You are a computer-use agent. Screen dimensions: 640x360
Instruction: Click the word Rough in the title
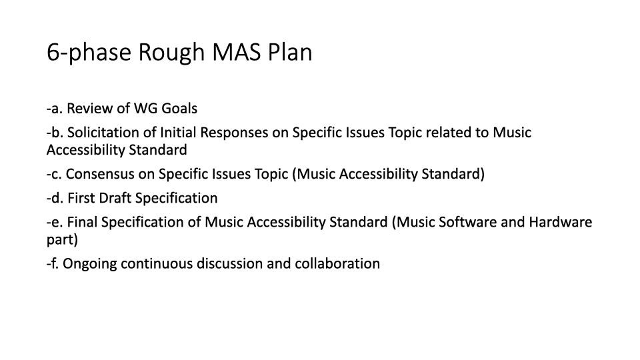(171, 52)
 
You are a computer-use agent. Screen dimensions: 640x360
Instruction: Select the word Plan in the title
(290, 52)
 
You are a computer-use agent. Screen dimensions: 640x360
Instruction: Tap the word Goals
(179, 108)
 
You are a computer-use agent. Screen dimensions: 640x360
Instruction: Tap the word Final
(82, 222)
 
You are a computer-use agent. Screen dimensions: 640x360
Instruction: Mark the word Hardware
(561, 222)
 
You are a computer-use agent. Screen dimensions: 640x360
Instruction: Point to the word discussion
(230, 263)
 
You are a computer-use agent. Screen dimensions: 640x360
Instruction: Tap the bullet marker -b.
(55, 132)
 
